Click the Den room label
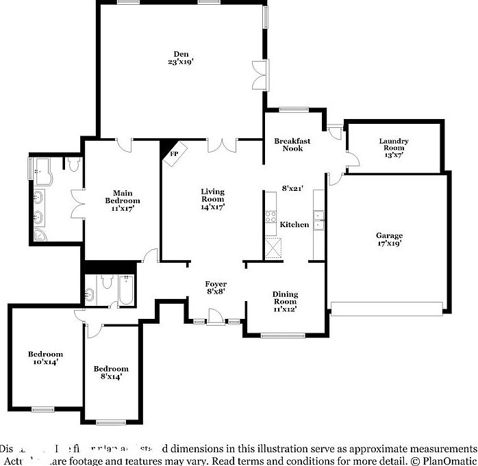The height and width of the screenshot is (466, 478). tap(181, 54)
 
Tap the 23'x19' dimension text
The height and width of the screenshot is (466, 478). tap(181, 62)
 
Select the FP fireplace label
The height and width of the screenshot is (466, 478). tap(174, 154)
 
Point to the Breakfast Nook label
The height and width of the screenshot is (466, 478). tap(292, 144)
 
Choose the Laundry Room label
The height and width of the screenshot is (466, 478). tap(394, 144)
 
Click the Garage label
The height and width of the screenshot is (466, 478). tap(389, 235)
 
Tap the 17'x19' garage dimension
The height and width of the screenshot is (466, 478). tap(389, 243)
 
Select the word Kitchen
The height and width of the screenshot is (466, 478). tap(295, 224)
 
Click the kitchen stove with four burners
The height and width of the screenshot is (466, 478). tap(270, 221)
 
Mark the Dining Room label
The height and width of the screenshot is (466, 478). tap(285, 298)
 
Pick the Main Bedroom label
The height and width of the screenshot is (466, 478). tap(123, 197)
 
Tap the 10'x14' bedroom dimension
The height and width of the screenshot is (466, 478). tap(45, 361)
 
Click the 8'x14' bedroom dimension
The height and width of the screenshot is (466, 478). tap(111, 376)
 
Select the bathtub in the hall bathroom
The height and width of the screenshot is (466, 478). tap(127, 291)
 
